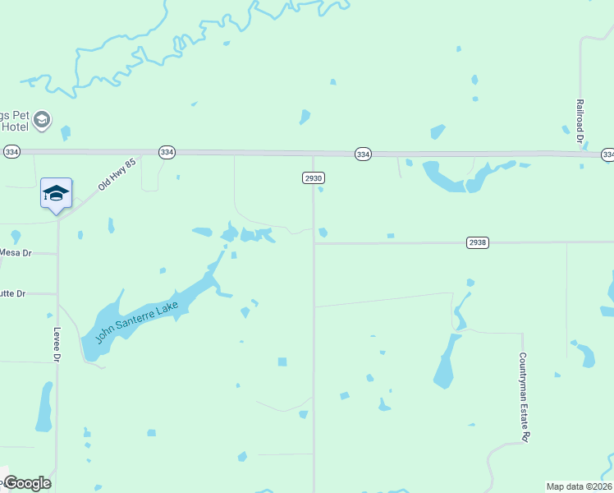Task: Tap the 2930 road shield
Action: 314,177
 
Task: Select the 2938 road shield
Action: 478,242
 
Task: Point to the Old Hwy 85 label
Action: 115,175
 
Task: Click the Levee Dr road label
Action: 57,345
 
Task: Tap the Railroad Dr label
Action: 580,123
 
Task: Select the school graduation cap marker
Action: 56,194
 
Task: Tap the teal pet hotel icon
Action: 43,122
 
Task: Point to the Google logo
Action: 26,483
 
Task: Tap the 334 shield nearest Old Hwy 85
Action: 167,152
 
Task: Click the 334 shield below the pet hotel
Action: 11,152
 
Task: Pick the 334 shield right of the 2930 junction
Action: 364,154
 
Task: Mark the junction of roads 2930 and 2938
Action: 314,243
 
